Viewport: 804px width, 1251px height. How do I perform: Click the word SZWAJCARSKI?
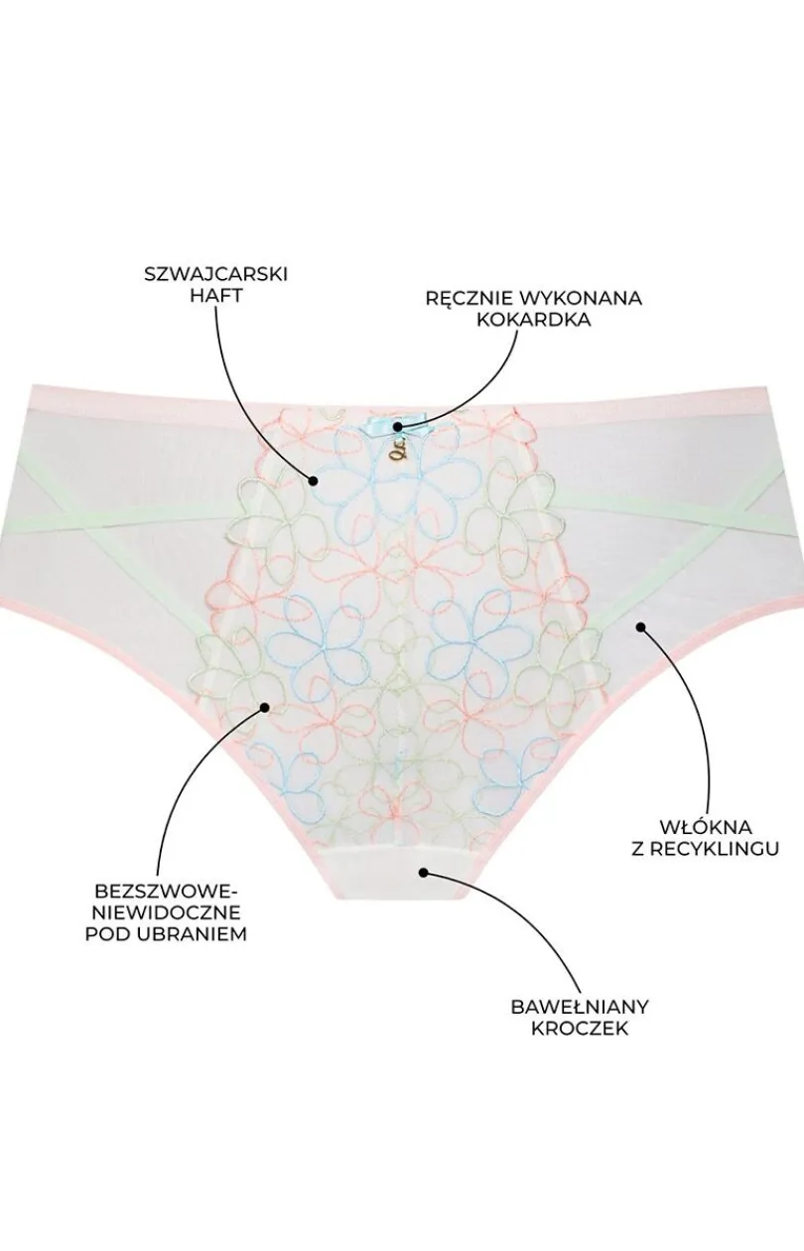point(216,275)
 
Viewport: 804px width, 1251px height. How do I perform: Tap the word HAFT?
point(216,297)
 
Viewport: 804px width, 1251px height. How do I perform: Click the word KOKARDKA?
point(534,320)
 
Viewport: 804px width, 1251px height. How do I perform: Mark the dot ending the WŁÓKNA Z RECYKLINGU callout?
point(641,626)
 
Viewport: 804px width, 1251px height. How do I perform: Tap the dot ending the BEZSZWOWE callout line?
point(265,708)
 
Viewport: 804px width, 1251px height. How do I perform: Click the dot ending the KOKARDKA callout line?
point(397,427)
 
